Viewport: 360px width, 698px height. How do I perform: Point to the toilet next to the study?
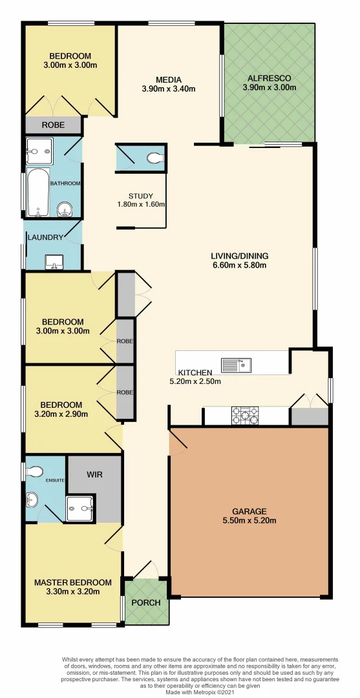(x=154, y=157)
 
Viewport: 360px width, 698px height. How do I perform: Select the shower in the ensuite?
(x=79, y=509)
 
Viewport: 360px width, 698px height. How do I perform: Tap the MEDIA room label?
(x=168, y=79)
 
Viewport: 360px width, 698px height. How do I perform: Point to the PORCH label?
(x=145, y=602)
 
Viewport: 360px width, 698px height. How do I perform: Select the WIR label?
(x=94, y=474)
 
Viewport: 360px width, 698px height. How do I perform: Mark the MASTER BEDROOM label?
(x=72, y=582)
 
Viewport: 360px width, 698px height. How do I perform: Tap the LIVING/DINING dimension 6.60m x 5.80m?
(x=240, y=264)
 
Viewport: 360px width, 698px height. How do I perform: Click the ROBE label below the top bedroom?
(x=53, y=125)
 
